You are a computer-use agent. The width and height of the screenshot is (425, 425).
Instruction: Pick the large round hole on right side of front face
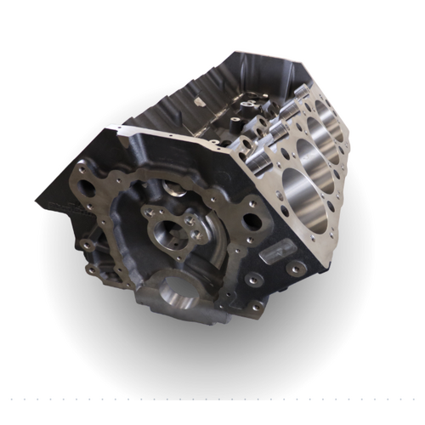pyautogui.click(x=252, y=222)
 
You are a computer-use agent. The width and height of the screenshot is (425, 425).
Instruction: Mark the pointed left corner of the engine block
pyautogui.click(x=38, y=202)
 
